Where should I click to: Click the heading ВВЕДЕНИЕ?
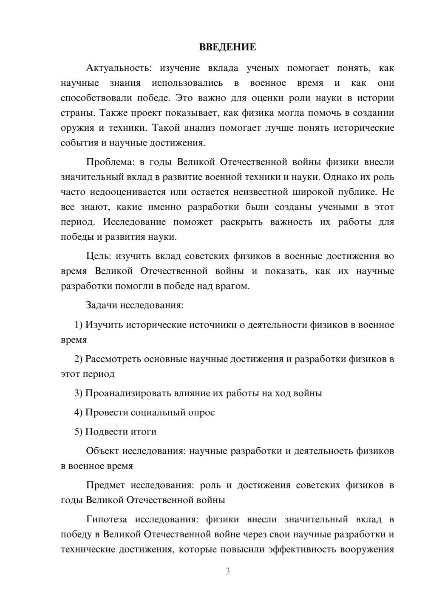227,47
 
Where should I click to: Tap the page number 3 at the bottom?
227,571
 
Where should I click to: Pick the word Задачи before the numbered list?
102,305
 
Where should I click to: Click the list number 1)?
78,325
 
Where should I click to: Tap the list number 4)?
78,412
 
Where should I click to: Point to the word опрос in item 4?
201,412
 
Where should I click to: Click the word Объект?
102,451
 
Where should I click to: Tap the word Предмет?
105,485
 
